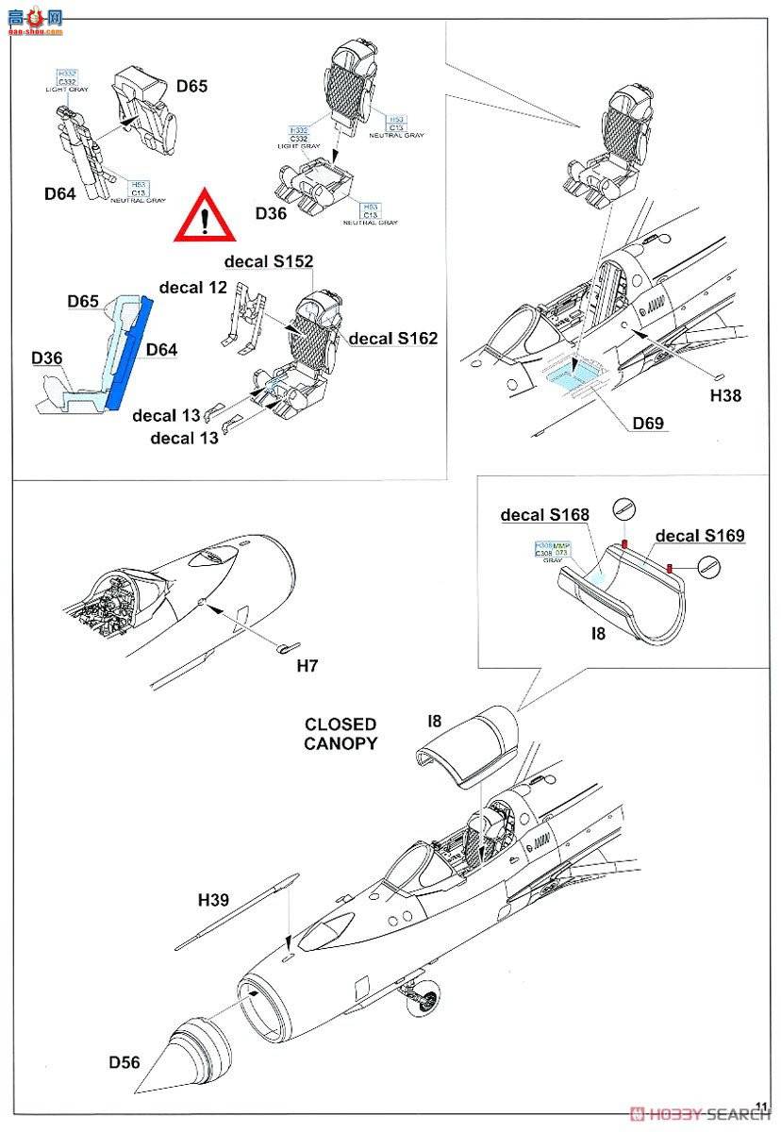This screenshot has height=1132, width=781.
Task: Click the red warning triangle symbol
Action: click(205, 216)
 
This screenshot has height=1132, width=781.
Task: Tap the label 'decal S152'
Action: click(269, 261)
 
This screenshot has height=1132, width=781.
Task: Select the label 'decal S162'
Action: click(393, 338)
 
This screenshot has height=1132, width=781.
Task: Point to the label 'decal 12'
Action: click(193, 287)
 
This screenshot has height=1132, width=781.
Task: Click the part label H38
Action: click(725, 395)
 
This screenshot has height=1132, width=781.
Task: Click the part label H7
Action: click(307, 666)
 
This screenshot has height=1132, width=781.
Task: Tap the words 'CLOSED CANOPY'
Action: click(340, 734)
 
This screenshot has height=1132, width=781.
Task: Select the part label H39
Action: click(214, 900)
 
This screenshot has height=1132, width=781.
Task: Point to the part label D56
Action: click(124, 1062)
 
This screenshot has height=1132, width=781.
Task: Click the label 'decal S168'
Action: click(544, 515)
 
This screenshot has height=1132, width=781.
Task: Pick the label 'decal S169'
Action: click(700, 536)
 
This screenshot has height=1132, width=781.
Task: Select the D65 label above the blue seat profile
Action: click(84, 302)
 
